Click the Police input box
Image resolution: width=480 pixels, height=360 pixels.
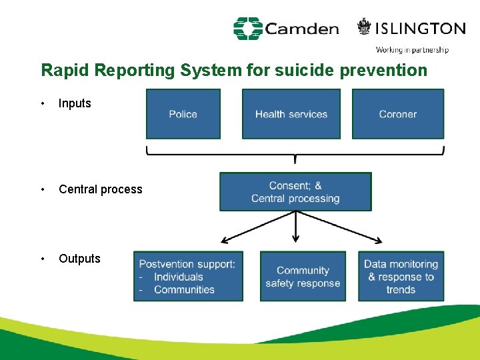(x=183, y=114)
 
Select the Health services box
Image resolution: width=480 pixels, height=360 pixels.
(x=291, y=114)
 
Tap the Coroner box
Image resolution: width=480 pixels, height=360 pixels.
(x=398, y=114)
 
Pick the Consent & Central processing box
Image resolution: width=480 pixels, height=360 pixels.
(x=295, y=192)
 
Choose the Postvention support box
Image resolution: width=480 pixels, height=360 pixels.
(x=188, y=276)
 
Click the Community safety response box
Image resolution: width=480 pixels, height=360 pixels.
(x=303, y=276)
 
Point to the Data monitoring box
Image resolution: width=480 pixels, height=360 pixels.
(x=401, y=276)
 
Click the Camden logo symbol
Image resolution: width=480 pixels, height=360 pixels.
(x=247, y=29)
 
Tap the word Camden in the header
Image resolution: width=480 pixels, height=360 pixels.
(x=302, y=29)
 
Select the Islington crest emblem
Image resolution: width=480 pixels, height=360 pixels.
(x=364, y=27)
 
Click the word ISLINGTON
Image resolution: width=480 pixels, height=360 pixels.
(x=421, y=28)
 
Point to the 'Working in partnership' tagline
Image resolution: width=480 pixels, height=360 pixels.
(x=412, y=49)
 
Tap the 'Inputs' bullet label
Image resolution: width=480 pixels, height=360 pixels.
(x=75, y=103)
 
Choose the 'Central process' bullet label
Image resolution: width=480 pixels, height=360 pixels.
(x=101, y=189)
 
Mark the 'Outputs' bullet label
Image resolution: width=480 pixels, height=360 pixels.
(x=79, y=259)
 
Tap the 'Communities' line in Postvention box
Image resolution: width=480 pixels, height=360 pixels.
(x=184, y=289)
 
